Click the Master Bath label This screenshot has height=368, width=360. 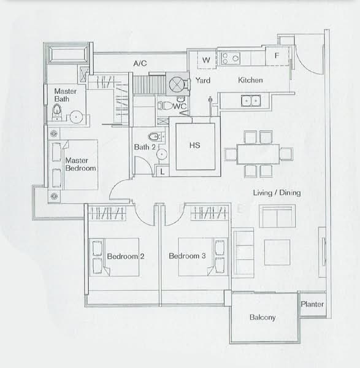click(65, 95)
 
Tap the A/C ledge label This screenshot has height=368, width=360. click(140, 63)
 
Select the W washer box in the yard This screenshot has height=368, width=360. click(207, 60)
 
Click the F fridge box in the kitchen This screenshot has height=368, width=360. click(277, 56)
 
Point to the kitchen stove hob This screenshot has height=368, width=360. click(231, 58)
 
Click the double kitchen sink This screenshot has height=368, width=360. click(251, 101)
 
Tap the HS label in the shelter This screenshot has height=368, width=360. click(195, 145)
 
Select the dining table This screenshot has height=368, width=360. click(258, 154)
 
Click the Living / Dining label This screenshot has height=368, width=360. click(277, 193)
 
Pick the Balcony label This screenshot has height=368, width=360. click(262, 317)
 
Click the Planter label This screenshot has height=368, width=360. click(312, 304)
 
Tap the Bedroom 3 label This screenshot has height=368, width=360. click(187, 256)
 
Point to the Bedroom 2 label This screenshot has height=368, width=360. click(126, 256)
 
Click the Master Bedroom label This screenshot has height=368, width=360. click(80, 164)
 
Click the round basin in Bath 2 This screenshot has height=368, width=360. click(162, 154)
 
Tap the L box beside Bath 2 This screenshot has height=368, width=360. click(162, 171)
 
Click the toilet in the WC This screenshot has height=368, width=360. click(165, 105)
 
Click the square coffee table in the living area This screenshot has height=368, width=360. click(277, 252)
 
